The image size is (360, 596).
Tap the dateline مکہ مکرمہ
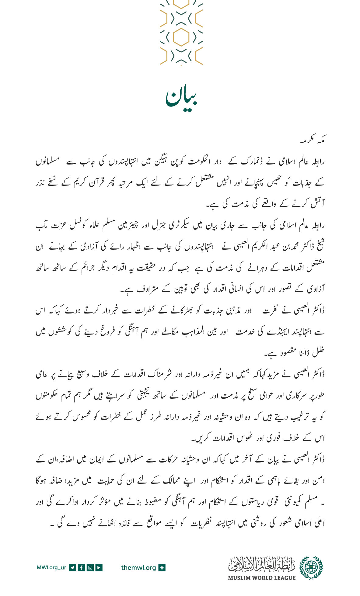312,141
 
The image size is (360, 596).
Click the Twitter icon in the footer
72,567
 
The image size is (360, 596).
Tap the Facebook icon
81,567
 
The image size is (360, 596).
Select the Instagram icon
90,567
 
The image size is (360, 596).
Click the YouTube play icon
99,567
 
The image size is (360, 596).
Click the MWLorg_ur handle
51,567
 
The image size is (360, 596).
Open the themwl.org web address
138,567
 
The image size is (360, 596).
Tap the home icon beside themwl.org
162,567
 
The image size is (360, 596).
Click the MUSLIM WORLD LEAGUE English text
262,578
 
